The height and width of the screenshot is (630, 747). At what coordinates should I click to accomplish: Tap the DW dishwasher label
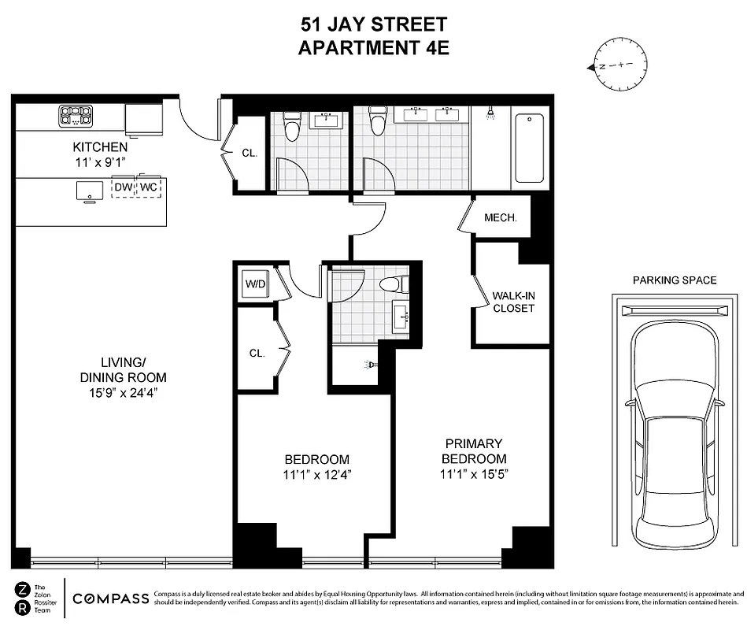click(123, 187)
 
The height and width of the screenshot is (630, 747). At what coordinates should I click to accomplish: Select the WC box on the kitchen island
click(148, 187)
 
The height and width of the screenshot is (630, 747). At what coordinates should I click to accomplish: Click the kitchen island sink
click(88, 191)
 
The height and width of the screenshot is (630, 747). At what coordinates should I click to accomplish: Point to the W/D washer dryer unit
click(255, 283)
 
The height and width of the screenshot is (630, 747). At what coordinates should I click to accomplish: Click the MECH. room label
click(500, 217)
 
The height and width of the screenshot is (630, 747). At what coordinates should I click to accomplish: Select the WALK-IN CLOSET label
click(512, 302)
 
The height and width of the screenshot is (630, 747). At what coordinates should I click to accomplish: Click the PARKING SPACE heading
click(675, 280)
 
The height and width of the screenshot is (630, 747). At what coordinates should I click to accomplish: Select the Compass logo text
click(110, 598)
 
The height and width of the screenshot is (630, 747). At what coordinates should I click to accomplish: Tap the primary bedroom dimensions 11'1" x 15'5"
click(473, 474)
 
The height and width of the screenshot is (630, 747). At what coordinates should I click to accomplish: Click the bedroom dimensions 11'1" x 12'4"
click(316, 474)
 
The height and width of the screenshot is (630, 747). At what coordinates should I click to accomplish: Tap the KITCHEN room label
click(100, 146)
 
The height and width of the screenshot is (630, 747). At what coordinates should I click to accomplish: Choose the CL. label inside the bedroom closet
click(257, 353)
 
